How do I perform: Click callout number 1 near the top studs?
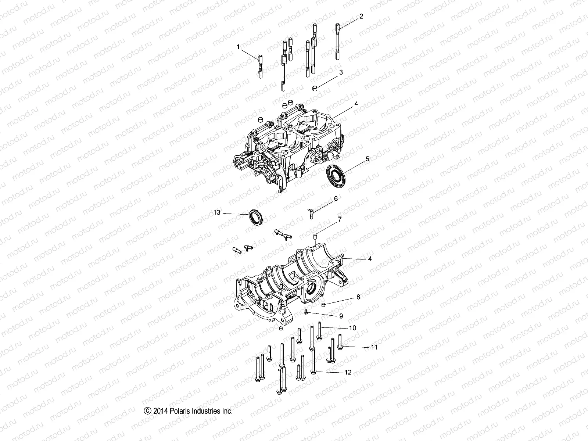[x=238, y=47]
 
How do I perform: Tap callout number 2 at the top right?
[x=361, y=16]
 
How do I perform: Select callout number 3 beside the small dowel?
[x=341, y=72]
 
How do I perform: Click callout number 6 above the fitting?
[x=336, y=199]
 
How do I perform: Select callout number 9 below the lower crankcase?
[x=341, y=316]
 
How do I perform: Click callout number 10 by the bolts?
[x=352, y=328]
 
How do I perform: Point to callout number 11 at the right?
[x=374, y=347]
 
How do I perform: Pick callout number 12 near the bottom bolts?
[x=348, y=372]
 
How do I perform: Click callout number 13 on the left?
[x=217, y=212]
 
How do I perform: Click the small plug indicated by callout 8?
[x=324, y=305]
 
